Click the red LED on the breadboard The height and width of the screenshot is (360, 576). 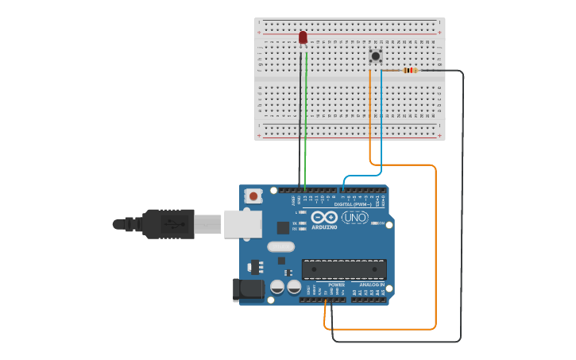click(x=303, y=37)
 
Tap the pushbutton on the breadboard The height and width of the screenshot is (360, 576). click(x=375, y=55)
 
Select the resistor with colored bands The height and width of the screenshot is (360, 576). click(x=410, y=71)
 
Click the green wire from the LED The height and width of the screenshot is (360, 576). click(x=306, y=119)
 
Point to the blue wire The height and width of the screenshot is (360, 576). click(x=381, y=119)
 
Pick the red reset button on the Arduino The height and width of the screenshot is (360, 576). click(x=253, y=195)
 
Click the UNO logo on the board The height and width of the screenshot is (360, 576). click(x=355, y=217)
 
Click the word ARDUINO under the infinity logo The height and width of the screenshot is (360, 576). click(x=324, y=227)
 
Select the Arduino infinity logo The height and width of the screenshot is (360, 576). click(x=324, y=217)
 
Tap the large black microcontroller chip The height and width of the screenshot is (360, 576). click(x=344, y=269)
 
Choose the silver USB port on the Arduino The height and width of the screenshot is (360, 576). click(x=242, y=224)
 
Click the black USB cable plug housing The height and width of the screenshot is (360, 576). click(x=168, y=224)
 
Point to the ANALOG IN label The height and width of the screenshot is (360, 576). click(x=371, y=285)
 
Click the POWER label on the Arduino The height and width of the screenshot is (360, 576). click(x=337, y=285)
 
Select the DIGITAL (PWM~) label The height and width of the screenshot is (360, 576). click(x=353, y=204)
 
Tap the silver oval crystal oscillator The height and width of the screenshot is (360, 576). click(x=280, y=246)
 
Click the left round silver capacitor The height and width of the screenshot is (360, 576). click(x=277, y=286)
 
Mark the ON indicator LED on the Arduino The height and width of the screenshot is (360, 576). click(x=374, y=223)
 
